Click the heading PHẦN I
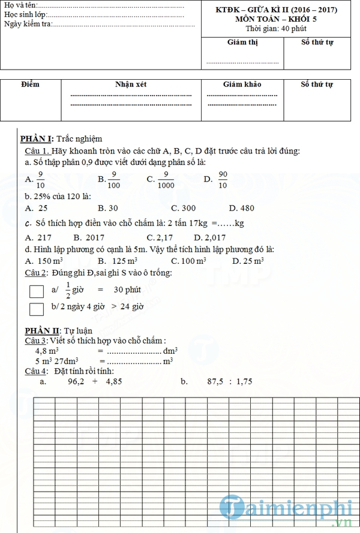click(x=37, y=138)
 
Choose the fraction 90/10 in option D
click(x=223, y=179)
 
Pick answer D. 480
click(x=241, y=208)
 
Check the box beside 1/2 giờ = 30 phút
click(x=37, y=291)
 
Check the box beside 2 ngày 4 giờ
click(x=37, y=309)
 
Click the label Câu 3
click(x=35, y=341)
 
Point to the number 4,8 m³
click(x=46, y=350)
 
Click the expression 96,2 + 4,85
click(x=95, y=381)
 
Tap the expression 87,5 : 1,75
click(x=230, y=381)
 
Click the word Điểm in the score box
click(x=29, y=85)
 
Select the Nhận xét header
click(x=131, y=85)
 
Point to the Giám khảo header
click(x=242, y=85)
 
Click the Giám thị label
click(x=242, y=42)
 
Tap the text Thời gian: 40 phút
click(x=275, y=28)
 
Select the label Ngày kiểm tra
click(x=28, y=24)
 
